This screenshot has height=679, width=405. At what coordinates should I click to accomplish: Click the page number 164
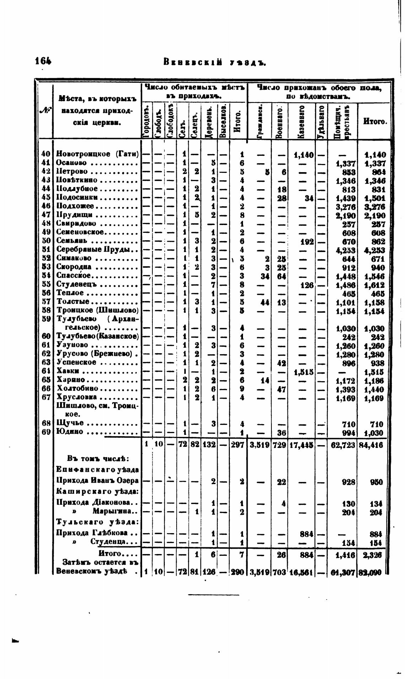click(43, 61)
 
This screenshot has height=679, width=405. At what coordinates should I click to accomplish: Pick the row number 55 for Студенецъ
click(45, 284)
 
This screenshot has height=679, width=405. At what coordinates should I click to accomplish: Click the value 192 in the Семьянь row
click(307, 242)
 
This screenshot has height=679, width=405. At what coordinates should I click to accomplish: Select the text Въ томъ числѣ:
click(94, 458)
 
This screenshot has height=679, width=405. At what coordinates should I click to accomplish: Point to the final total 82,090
click(372, 572)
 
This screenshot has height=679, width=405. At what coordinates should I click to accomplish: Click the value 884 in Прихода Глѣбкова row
click(307, 533)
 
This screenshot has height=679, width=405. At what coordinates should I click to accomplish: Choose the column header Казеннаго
click(302, 121)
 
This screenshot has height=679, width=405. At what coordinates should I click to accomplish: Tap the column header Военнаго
click(280, 121)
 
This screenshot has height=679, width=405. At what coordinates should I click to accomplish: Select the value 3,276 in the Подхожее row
click(346, 207)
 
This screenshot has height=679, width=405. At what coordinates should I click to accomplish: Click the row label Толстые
click(72, 302)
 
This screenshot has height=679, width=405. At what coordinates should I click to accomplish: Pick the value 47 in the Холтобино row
click(282, 390)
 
